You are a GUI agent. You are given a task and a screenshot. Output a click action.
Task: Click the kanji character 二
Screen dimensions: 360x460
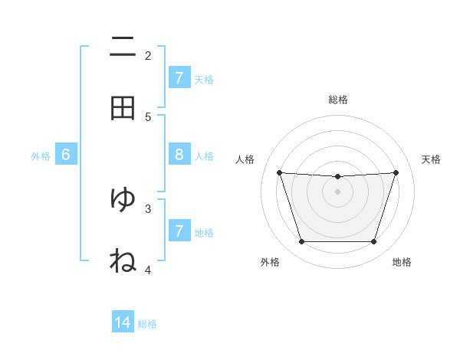(123, 47)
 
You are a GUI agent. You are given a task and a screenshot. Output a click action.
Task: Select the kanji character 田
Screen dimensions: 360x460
(123, 109)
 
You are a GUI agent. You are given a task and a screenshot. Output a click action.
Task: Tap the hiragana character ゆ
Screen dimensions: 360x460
(123, 199)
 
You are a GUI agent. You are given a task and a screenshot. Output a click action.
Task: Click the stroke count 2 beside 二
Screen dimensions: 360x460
(148, 55)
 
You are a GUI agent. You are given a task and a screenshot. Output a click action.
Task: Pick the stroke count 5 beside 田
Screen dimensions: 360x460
(148, 116)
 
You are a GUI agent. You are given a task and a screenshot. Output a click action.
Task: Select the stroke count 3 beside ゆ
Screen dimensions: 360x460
(148, 208)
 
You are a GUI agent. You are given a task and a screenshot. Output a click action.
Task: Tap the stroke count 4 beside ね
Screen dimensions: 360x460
(148, 269)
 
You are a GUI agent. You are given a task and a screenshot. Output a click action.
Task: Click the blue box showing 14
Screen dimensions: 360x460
(123, 322)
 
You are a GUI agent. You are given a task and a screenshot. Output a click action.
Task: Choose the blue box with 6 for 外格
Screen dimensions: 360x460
(66, 155)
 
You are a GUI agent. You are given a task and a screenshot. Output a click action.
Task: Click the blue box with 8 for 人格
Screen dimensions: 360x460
(179, 155)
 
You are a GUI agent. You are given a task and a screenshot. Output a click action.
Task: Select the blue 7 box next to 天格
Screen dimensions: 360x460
(179, 77)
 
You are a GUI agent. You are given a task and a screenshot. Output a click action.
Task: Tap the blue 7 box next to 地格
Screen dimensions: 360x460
(179, 231)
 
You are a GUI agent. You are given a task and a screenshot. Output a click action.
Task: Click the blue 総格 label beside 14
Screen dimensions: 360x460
(147, 323)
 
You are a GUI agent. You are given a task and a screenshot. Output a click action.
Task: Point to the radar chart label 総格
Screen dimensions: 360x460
(338, 100)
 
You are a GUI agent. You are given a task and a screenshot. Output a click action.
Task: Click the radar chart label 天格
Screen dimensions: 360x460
(431, 159)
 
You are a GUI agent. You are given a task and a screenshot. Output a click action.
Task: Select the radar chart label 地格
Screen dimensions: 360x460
(402, 262)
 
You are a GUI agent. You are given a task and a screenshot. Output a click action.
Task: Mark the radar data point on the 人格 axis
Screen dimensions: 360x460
(280, 172)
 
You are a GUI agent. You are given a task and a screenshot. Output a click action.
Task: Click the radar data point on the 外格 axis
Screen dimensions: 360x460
(301, 241)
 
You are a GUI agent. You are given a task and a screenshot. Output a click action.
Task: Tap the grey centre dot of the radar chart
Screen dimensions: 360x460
(337, 191)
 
